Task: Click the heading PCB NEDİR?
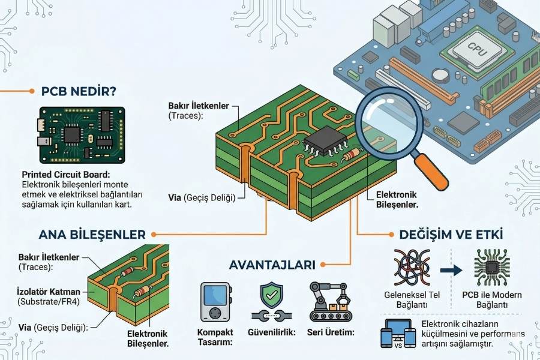(79, 91)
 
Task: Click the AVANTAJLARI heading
(271, 264)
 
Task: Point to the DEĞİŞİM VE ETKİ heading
(451, 233)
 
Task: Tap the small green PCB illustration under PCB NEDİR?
(82, 135)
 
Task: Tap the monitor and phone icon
(398, 334)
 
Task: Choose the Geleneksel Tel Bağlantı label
(413, 300)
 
